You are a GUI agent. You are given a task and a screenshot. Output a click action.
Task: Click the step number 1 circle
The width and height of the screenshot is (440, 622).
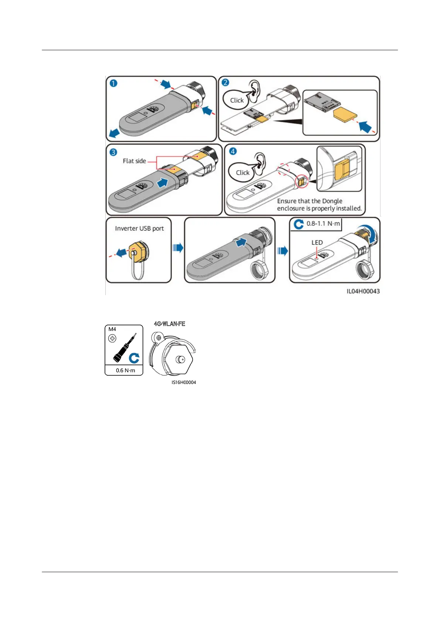(x=113, y=83)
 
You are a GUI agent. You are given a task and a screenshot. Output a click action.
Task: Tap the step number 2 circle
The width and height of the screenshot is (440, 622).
(x=225, y=82)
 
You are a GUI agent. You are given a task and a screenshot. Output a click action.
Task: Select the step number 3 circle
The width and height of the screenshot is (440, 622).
(x=113, y=152)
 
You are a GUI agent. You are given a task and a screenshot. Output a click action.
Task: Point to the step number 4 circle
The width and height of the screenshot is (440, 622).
(x=233, y=151)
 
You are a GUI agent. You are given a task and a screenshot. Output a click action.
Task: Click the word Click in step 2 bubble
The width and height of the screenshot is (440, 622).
(x=237, y=100)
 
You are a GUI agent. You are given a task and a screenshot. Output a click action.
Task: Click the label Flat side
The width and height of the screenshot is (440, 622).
(x=134, y=161)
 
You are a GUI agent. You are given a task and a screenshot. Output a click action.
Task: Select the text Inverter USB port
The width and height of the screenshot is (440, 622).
(x=139, y=228)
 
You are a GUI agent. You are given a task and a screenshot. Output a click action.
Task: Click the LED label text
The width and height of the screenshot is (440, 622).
(x=317, y=242)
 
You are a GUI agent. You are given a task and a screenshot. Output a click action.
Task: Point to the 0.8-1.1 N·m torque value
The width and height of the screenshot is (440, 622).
(x=323, y=223)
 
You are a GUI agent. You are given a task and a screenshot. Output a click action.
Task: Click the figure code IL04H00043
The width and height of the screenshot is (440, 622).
(x=363, y=291)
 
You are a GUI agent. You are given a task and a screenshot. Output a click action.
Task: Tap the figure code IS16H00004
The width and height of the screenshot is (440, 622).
(x=184, y=382)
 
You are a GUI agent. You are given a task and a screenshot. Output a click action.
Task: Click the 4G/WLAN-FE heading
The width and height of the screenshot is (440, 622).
(x=170, y=324)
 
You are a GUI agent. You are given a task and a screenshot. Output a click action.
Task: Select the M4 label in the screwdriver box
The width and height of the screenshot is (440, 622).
(x=112, y=329)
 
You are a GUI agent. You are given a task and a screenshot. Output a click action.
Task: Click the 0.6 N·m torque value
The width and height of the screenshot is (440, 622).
(x=125, y=370)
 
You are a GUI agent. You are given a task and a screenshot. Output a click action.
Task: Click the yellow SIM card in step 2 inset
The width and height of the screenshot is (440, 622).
(x=345, y=116)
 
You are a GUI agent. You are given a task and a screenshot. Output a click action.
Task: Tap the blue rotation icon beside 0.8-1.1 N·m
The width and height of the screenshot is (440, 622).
(x=299, y=224)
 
